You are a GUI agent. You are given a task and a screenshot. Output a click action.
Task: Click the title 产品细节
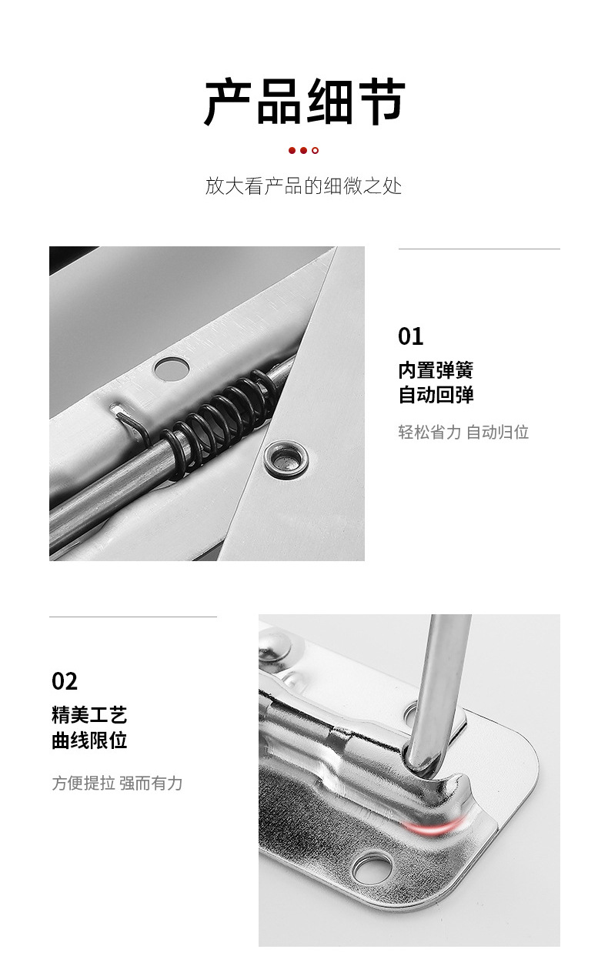[304, 102]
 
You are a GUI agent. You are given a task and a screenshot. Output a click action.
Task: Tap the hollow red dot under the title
[316, 150]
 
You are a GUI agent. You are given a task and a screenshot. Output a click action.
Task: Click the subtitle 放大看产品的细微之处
[303, 186]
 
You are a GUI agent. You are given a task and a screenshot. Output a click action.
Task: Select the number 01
[410, 336]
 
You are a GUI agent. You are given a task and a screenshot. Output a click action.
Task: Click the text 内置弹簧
[436, 370]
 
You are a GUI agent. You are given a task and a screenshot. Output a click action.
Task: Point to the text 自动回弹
[436, 396]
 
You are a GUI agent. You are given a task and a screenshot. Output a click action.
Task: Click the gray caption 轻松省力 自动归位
[463, 432]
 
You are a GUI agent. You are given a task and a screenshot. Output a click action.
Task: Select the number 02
[65, 681]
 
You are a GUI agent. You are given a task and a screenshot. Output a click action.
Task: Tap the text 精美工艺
[89, 715]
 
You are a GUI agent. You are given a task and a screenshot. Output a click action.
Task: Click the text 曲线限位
[89, 740]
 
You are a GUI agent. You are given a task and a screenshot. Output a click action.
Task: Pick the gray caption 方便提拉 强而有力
[117, 784]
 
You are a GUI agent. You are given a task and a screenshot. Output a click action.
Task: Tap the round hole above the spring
[171, 369]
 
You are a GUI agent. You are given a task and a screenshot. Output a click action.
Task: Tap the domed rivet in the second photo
[275, 646]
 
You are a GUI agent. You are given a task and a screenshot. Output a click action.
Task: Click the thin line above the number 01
[479, 249]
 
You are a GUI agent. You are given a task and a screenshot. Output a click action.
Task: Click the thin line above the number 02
[133, 617]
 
